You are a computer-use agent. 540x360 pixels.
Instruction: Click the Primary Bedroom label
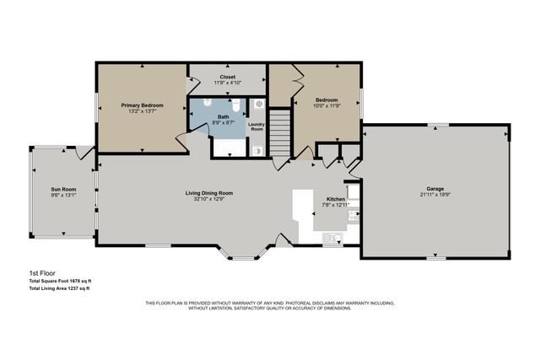(142, 105)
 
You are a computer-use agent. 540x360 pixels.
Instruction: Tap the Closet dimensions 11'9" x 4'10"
(227, 83)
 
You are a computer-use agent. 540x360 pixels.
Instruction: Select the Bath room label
(223, 117)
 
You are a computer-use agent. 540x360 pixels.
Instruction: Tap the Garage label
(435, 189)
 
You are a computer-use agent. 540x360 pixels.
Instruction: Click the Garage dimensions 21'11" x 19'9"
(435, 195)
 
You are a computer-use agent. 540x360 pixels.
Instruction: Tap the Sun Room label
(63, 190)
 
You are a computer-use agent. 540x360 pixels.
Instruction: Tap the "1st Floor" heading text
(40, 274)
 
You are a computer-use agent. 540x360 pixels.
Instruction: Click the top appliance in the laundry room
(258, 105)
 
